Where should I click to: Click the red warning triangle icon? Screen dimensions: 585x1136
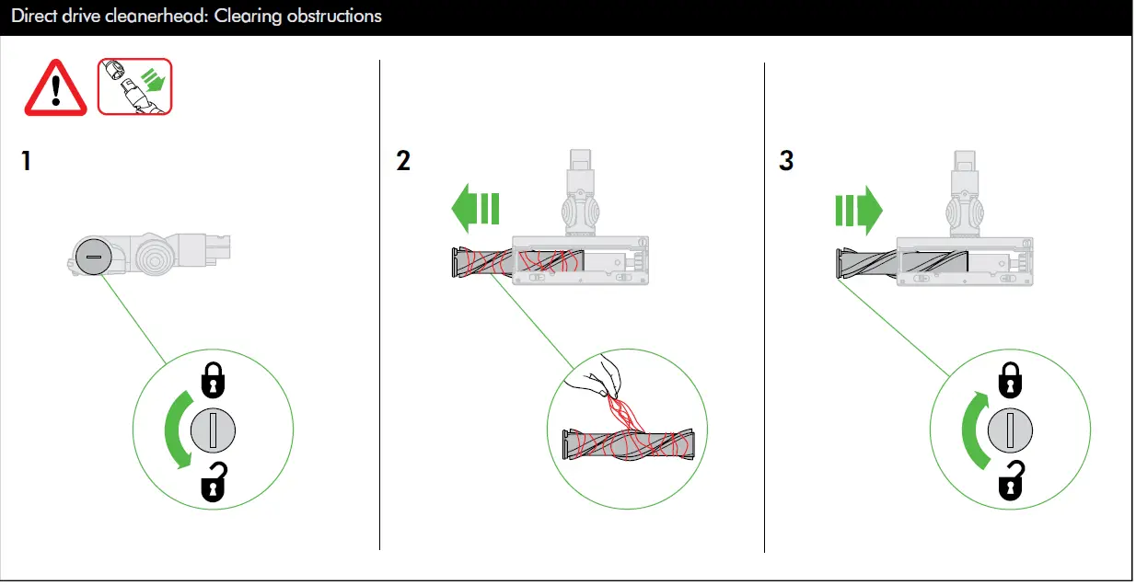55,89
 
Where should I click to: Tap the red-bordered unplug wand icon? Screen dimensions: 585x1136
135,86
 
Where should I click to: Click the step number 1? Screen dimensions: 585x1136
27,162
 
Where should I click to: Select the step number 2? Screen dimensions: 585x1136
402,162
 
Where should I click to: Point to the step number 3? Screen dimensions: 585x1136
786,162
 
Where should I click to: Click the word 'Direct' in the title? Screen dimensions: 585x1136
33,17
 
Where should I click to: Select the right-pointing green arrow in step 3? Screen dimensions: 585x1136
858,210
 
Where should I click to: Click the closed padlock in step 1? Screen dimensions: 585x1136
213,378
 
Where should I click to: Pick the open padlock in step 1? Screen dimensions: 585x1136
214,483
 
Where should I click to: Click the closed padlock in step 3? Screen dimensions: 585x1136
1011,378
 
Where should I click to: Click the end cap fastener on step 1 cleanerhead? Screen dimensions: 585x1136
92,257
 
